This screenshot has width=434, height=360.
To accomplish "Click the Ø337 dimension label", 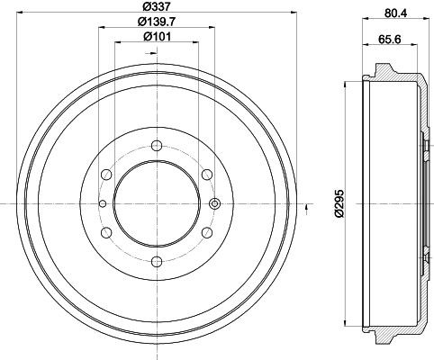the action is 156,5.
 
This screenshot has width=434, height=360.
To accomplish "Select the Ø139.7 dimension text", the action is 157,22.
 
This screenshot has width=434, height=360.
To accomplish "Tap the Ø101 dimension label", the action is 157,37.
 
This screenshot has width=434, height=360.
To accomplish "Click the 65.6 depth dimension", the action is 390,39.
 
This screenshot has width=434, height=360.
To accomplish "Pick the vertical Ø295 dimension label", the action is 339,203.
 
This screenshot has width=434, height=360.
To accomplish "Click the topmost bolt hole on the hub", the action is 157,146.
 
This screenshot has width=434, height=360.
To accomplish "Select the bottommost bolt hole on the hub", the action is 157,261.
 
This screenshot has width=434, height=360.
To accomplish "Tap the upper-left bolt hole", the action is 106,175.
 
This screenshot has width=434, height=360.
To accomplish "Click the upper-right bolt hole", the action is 207,175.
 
